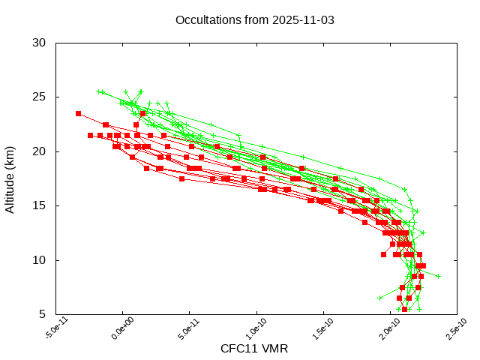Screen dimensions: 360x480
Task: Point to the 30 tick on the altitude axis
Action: pyautogui.click(x=40, y=43)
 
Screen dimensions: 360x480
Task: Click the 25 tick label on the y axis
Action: pyautogui.click(x=40, y=97)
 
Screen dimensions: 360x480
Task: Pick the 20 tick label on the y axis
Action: pyautogui.click(x=40, y=151)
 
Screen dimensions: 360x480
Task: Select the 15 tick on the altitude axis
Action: pyautogui.click(x=40, y=205)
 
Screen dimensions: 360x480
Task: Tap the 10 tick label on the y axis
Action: pyautogui.click(x=40, y=260)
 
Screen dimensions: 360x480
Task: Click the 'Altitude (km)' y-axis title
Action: pyautogui.click(x=10, y=178)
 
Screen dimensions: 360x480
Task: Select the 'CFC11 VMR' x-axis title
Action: pyautogui.click(x=254, y=349)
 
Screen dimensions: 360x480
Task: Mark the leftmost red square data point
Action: pyautogui.click(x=78, y=113)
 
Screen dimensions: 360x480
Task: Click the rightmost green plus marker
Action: pyautogui.click(x=439, y=276)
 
